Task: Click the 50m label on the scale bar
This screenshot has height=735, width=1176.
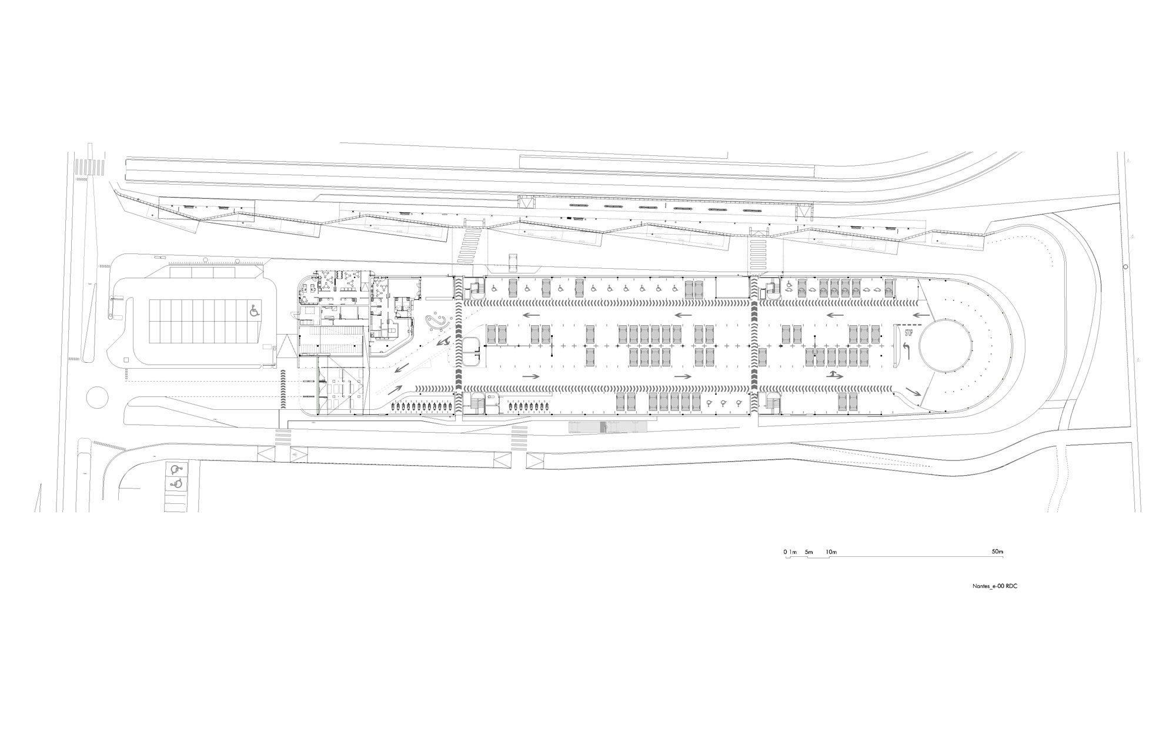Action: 997,552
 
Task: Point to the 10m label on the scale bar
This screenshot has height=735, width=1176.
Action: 831,552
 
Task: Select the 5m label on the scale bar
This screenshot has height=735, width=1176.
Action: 808,552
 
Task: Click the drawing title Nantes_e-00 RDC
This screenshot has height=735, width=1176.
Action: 994,586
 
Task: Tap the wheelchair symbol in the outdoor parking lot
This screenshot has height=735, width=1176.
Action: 255,310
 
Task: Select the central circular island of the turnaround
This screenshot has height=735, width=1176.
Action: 946,345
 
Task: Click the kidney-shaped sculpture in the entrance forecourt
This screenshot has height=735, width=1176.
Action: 438,322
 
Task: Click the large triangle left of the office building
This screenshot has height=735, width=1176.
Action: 288,346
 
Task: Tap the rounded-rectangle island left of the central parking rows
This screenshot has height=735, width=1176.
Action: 472,352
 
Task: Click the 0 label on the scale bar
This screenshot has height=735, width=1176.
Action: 785,552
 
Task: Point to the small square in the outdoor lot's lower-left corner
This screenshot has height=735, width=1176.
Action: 126,359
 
